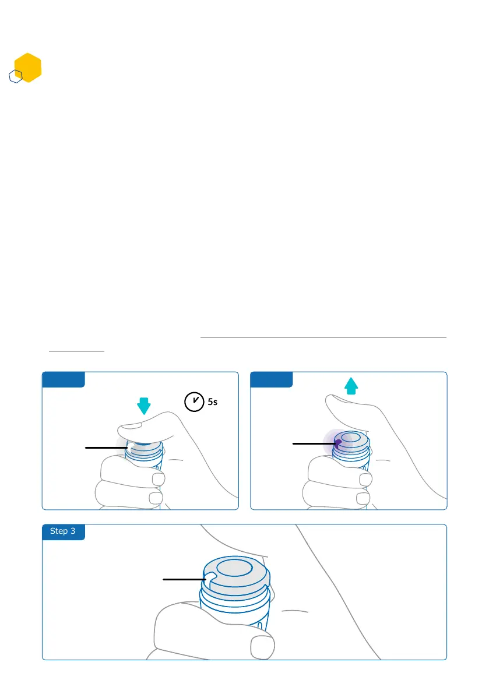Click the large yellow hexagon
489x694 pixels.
pyautogui.click(x=27, y=68)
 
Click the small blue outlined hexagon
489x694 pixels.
pyautogui.click(x=16, y=76)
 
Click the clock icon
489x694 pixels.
pyautogui.click(x=193, y=401)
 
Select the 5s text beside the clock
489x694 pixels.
pyautogui.click(x=214, y=402)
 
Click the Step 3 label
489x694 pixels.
pyautogui.click(x=63, y=531)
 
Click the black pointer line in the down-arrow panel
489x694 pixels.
pyautogui.click(x=106, y=448)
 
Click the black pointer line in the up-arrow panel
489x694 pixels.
pyautogui.click(x=313, y=444)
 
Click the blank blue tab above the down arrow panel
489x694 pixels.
pyautogui.click(x=63, y=379)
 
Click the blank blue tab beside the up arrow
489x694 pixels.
pyautogui.click(x=271, y=379)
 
